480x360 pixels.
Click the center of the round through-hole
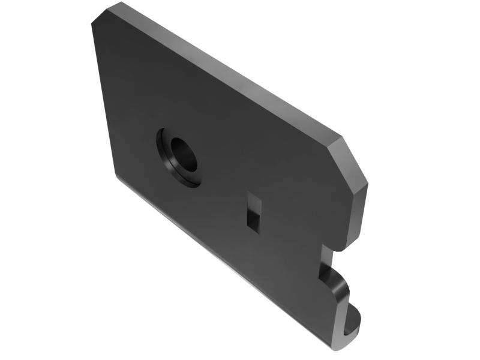click(x=183, y=154)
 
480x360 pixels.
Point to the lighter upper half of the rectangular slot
click(x=252, y=200)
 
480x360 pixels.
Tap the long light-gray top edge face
click(x=228, y=69)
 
